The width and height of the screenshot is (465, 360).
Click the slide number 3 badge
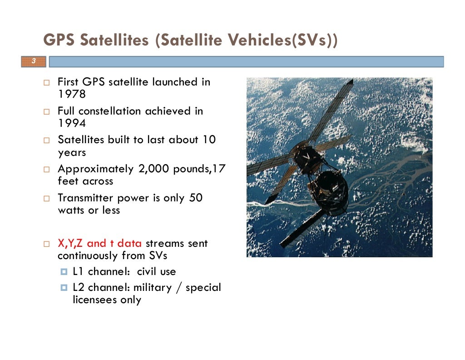coord(34,61)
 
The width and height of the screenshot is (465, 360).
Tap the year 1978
coord(72,94)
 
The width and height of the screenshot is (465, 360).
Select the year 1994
coord(72,123)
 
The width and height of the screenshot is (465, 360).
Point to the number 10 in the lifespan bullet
coord(209,140)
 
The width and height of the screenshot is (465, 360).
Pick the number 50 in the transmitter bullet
coord(196,198)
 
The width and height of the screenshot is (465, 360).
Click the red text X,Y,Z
coord(70,243)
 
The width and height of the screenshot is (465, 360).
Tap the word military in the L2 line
coord(153,287)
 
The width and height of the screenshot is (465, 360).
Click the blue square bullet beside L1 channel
coord(64,271)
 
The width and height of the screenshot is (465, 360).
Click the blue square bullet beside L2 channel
coord(64,288)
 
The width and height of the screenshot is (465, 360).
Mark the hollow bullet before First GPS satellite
coord(47,82)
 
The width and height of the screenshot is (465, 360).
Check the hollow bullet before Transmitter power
coord(47,198)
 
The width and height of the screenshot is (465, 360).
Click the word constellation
coord(110,111)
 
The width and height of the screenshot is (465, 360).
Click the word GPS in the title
coord(59,40)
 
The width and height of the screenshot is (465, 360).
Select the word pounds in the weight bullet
coord(191,169)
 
